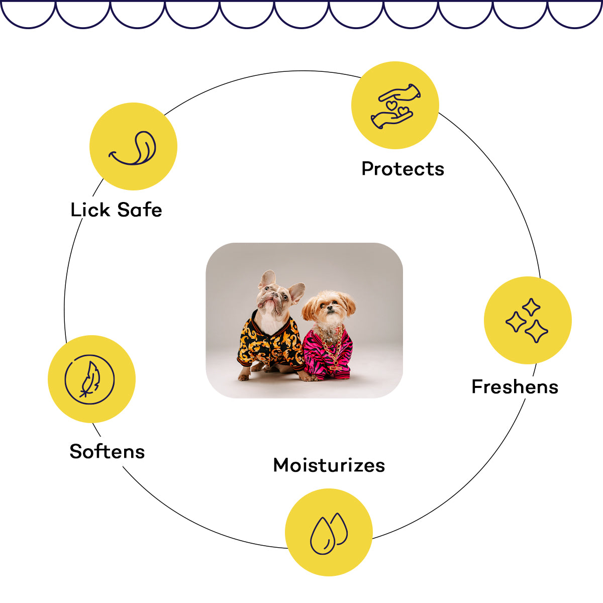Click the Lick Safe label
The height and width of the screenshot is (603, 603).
116,210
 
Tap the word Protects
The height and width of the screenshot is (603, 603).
403,169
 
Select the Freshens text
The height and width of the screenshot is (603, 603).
515,387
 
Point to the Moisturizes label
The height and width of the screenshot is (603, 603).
329,465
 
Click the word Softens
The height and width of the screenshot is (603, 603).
107,451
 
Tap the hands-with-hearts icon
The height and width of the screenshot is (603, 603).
395,106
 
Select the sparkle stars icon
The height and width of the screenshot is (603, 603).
528,321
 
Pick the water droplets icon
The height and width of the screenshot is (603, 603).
329,533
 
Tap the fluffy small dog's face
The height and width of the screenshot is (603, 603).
328,308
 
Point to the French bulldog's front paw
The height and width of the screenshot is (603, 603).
244,375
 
